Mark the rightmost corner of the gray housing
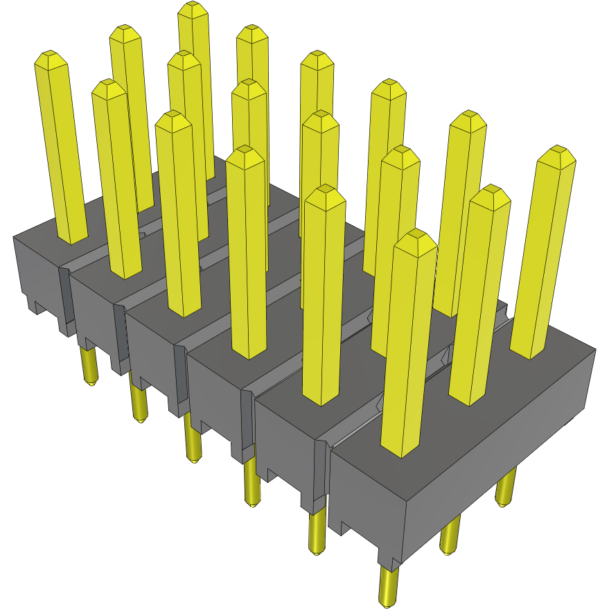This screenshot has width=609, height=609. coord(595,349)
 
